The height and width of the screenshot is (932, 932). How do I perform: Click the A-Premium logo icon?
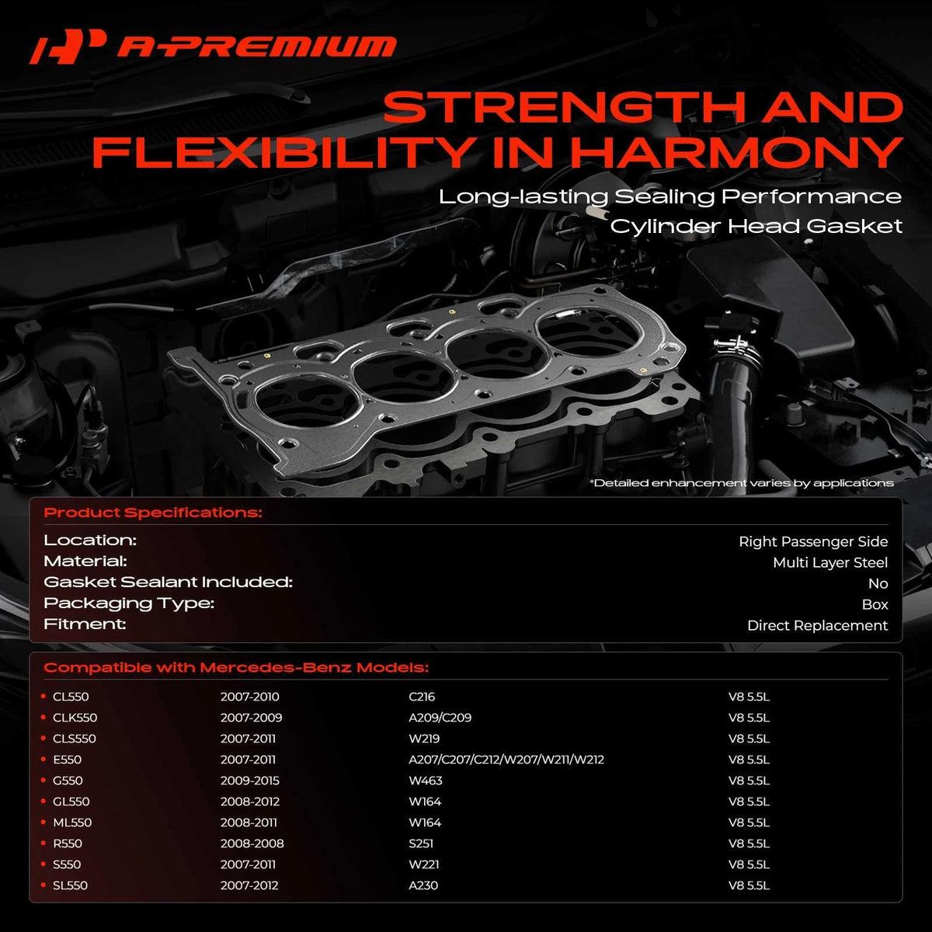pos(68,47)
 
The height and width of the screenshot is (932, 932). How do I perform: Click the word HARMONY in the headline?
pos(736,152)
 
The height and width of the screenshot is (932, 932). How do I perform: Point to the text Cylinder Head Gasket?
pos(756,226)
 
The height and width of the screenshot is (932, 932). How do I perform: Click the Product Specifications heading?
pos(153,513)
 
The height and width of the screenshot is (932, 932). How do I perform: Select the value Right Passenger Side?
pos(813,541)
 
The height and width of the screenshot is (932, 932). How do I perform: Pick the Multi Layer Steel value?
pos(830,562)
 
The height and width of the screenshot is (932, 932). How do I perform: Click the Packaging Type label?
pos(129,603)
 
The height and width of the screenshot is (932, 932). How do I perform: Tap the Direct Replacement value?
pos(817,625)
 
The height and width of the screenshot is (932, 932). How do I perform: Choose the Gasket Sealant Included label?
pos(169,582)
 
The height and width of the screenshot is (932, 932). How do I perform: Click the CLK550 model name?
pos(75,718)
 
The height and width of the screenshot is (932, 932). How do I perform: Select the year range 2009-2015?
pos(249,780)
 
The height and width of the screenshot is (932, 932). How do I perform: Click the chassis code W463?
pos(425,780)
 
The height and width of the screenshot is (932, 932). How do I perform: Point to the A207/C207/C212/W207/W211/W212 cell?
pos(506,760)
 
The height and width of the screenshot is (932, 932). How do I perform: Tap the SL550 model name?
pos(70,885)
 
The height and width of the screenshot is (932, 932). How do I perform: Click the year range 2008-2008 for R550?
pos(252,843)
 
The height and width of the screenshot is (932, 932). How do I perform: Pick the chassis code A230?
pos(423,885)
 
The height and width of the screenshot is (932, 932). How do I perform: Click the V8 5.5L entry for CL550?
pos(749,697)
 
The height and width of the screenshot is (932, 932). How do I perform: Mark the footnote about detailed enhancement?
pos(742,483)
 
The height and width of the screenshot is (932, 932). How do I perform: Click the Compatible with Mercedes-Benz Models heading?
pos(236,667)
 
